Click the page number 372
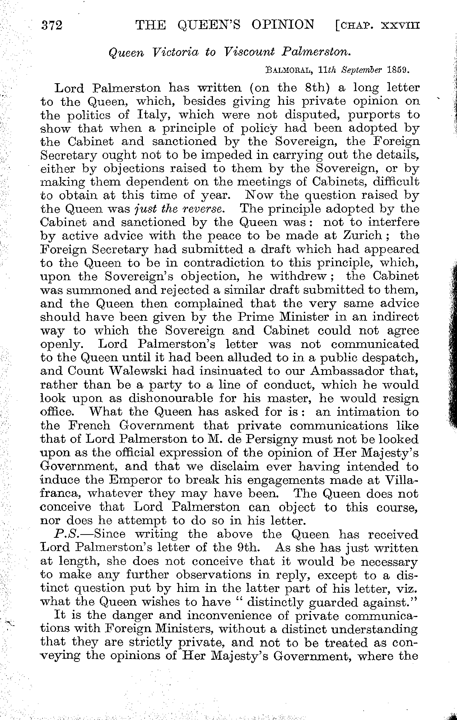(52, 25)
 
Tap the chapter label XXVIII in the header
(400, 26)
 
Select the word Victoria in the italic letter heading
(174, 52)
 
